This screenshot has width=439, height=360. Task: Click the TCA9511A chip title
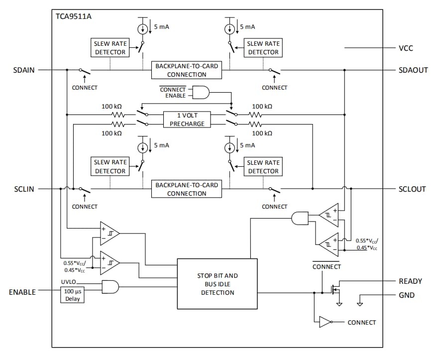point(74,16)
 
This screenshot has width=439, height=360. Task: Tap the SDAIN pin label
point(24,70)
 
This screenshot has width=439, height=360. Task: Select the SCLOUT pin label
point(412,189)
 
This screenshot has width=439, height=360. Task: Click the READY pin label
point(410,281)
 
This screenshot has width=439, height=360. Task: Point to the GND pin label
point(406,295)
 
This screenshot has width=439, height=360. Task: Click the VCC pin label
point(406,48)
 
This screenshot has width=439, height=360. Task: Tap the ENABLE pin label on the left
point(22,292)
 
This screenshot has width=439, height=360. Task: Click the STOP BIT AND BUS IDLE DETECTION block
point(218,284)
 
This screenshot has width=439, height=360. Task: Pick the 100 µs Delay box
point(72,295)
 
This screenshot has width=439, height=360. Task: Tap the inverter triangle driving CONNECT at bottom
point(325,322)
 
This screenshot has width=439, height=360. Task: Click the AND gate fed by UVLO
point(110,286)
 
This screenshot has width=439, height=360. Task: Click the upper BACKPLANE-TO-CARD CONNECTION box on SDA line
point(187,70)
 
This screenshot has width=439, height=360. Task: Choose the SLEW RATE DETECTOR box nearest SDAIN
point(110,48)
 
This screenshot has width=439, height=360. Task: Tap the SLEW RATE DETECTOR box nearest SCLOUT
point(263,167)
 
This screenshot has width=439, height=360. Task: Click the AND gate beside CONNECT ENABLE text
point(201,92)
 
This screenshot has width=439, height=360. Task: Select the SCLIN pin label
point(24,189)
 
